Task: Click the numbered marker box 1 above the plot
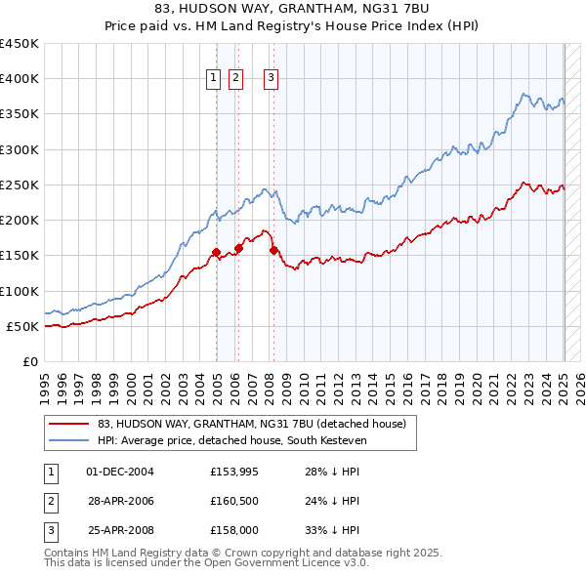(x=213, y=80)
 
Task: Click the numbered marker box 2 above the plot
(x=236, y=80)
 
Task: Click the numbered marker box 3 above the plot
(x=271, y=80)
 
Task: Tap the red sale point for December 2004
(x=216, y=252)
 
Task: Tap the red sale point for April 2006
(x=238, y=248)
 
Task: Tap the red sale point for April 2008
(x=273, y=250)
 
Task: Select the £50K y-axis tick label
(x=21, y=326)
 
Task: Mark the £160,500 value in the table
(x=232, y=502)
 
